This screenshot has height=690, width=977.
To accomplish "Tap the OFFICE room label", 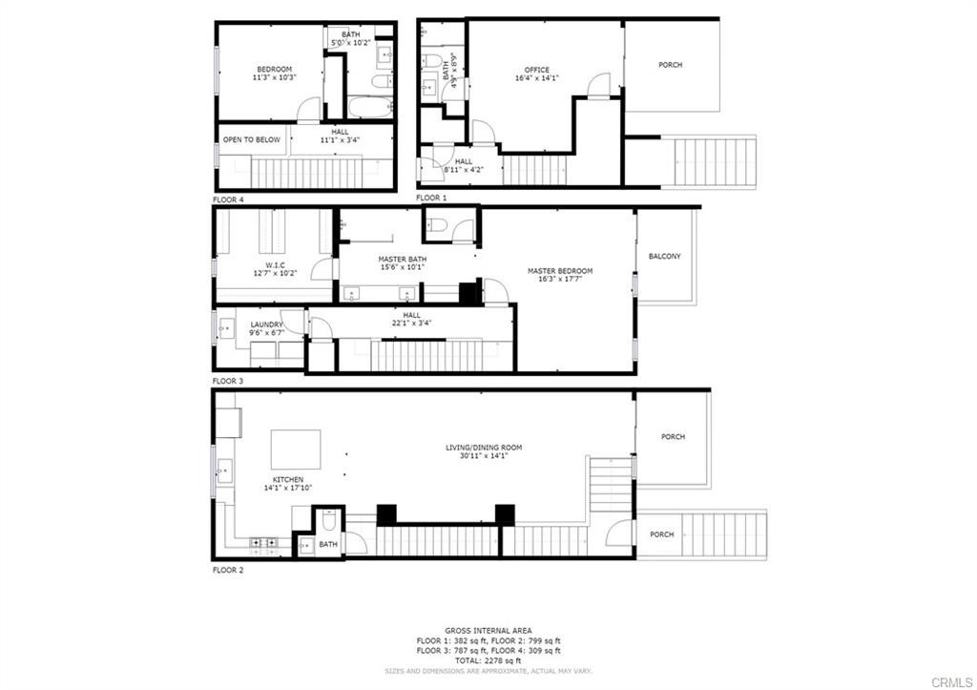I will click(537, 70).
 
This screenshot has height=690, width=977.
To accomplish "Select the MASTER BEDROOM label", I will click(560, 271).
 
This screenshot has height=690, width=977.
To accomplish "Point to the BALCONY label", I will click(664, 256).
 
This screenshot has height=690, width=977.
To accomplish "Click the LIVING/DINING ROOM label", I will click(484, 447).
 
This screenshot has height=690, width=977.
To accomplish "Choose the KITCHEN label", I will click(287, 479).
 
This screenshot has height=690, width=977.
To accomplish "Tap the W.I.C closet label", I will click(275, 264).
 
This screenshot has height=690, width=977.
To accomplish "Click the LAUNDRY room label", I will click(266, 324).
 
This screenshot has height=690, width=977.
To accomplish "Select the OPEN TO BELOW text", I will click(252, 139).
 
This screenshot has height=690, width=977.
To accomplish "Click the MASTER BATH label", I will click(403, 259).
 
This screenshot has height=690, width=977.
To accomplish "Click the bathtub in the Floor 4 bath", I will click(368, 107).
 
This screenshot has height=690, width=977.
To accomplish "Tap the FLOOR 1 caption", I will click(431, 198).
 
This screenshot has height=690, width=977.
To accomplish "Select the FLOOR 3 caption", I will click(228, 381).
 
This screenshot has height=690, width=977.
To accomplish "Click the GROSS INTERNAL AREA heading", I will click(488, 631).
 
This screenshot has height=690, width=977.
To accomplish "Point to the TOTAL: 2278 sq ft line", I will click(488, 660).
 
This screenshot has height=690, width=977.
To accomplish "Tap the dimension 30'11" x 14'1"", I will click(484, 456).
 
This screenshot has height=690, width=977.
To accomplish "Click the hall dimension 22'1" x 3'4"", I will click(411, 324).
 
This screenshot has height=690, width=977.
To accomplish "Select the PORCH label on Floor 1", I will click(670, 65).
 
